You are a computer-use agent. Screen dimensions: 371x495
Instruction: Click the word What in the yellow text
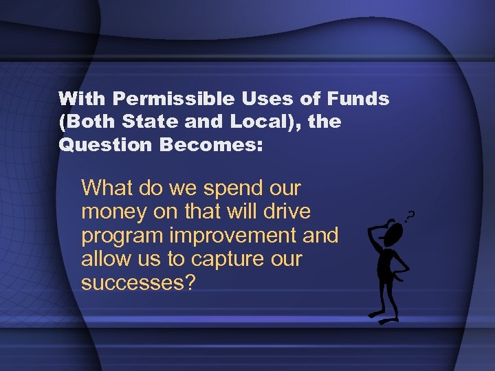coord(107,188)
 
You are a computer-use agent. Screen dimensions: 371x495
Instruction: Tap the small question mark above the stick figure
coord(410,216)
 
